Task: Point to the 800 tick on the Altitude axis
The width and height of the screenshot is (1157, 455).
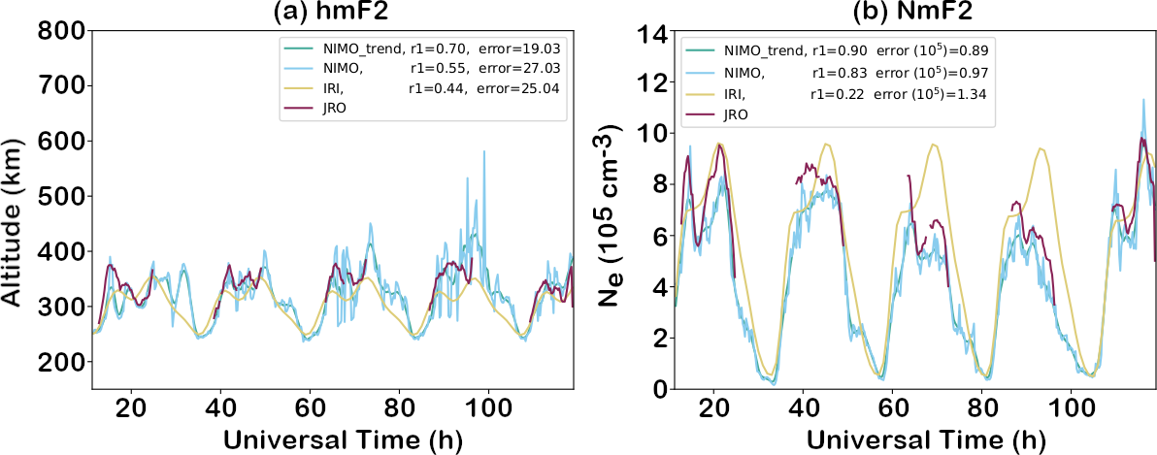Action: click(x=59, y=31)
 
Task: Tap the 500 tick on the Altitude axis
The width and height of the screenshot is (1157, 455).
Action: click(x=59, y=197)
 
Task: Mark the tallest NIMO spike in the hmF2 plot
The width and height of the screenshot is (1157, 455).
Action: click(x=482, y=152)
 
